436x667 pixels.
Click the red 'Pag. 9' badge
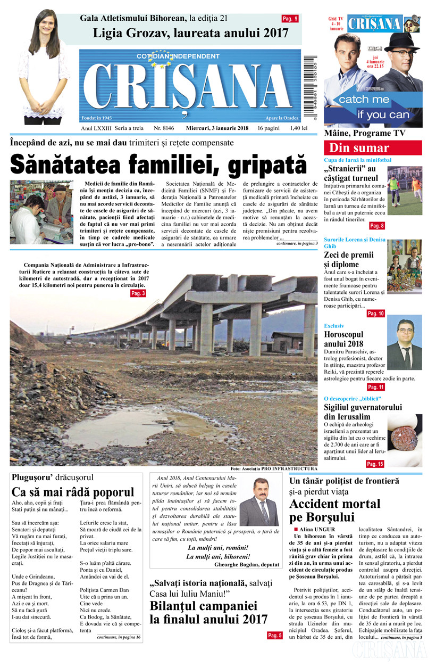click(290, 19)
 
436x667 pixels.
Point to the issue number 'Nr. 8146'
click(164, 128)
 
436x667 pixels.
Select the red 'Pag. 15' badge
click(375, 464)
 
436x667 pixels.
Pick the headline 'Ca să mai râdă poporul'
click(73, 491)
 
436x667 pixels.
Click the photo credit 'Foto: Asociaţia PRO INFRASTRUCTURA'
click(274, 468)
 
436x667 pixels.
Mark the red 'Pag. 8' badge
click(377, 226)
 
